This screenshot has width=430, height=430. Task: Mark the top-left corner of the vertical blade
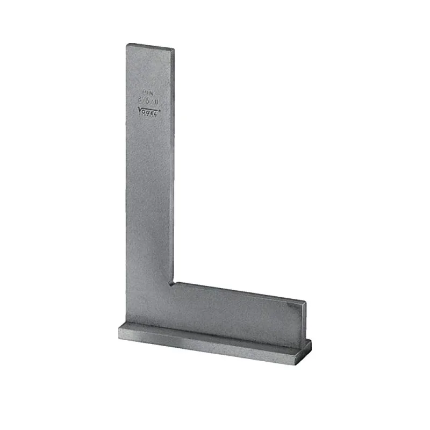tap(127, 44)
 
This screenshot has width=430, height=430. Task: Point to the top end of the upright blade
tap(151, 47)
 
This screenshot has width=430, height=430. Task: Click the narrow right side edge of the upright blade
tap(174, 161)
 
